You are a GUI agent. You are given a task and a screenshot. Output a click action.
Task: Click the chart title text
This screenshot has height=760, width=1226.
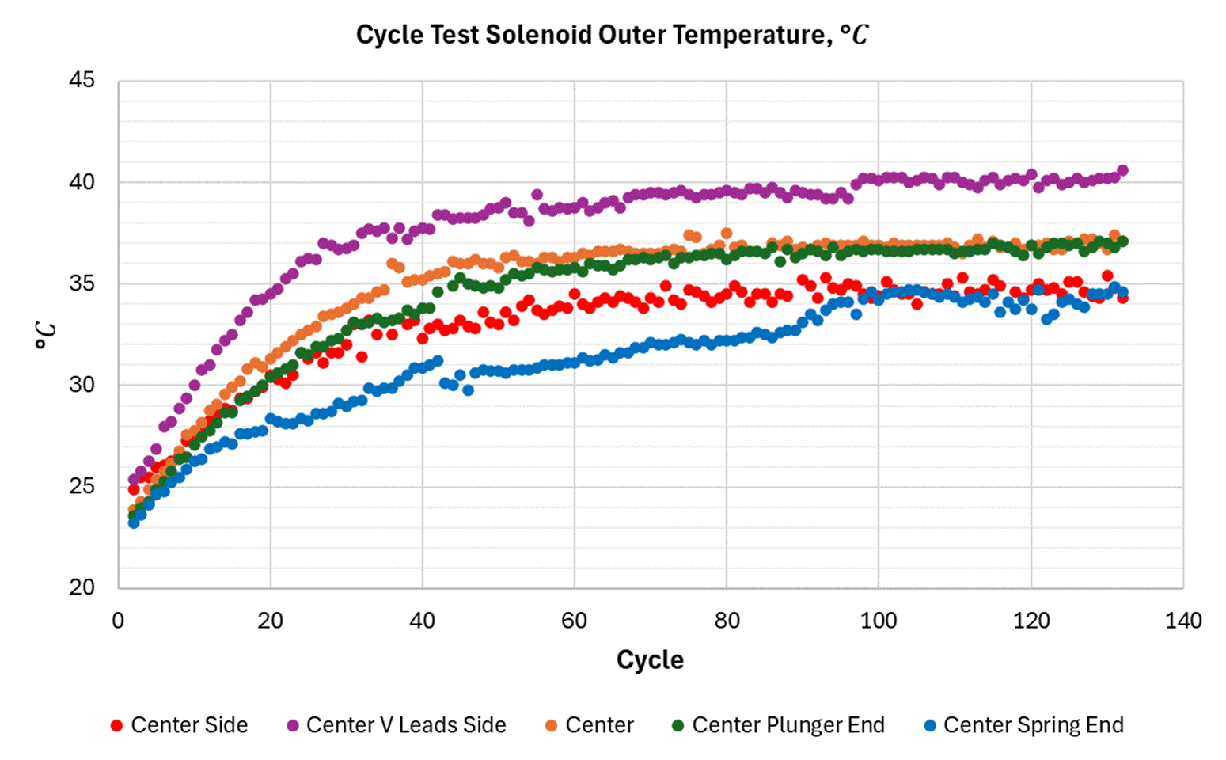[x=612, y=35]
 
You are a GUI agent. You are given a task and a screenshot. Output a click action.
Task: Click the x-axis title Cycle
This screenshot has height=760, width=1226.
[x=650, y=659]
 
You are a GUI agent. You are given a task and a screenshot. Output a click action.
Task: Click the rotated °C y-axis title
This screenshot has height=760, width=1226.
[x=46, y=335]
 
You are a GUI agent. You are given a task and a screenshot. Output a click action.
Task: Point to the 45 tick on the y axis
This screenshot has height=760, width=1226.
[x=82, y=80]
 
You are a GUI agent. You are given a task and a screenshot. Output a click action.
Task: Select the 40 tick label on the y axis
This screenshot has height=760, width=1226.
[x=82, y=181]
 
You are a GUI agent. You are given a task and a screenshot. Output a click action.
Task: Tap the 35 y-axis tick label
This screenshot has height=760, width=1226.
[x=82, y=283]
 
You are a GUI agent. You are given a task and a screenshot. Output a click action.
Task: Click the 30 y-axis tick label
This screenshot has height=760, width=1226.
[x=82, y=384]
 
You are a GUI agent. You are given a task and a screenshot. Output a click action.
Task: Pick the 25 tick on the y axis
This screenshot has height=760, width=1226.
[x=82, y=485]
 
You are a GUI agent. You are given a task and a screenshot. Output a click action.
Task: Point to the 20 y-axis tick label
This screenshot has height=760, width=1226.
[x=82, y=587]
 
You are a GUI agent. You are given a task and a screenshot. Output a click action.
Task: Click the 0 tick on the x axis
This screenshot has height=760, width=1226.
[x=118, y=621]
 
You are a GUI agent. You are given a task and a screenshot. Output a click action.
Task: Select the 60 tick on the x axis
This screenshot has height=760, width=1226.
[x=575, y=621]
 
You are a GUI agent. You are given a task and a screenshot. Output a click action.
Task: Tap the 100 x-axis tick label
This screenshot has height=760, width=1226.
[x=879, y=621]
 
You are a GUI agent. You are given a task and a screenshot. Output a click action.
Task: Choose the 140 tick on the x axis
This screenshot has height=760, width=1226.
[x=1183, y=621]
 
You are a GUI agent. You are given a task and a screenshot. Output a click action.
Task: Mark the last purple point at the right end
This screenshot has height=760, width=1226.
[x=1122, y=170]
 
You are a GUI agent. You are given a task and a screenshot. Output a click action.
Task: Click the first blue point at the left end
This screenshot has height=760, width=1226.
[x=134, y=522]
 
